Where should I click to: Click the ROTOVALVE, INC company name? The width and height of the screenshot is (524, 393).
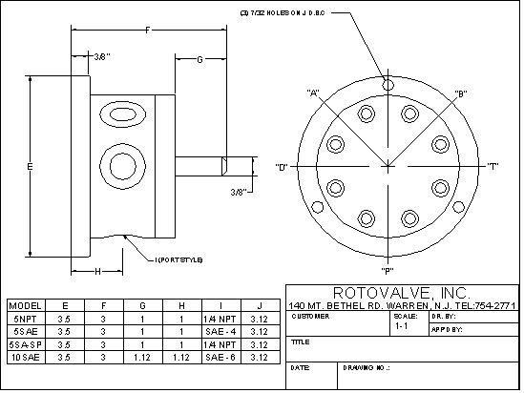pos(402,292)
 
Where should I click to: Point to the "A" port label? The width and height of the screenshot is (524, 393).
pos(312,93)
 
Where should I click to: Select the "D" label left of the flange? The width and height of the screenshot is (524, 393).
pos(283,168)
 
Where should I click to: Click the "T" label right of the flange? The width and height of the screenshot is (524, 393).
pos(493,168)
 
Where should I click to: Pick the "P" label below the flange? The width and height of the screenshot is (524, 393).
pos(388,259)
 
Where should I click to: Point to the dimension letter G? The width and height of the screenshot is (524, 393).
pos(199,60)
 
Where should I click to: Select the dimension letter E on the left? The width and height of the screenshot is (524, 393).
pos(31,167)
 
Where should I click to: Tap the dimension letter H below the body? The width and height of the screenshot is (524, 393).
pos(98,272)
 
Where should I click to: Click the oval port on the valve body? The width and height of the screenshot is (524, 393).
pos(121,115)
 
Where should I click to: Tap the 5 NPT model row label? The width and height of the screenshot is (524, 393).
pos(23,318)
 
